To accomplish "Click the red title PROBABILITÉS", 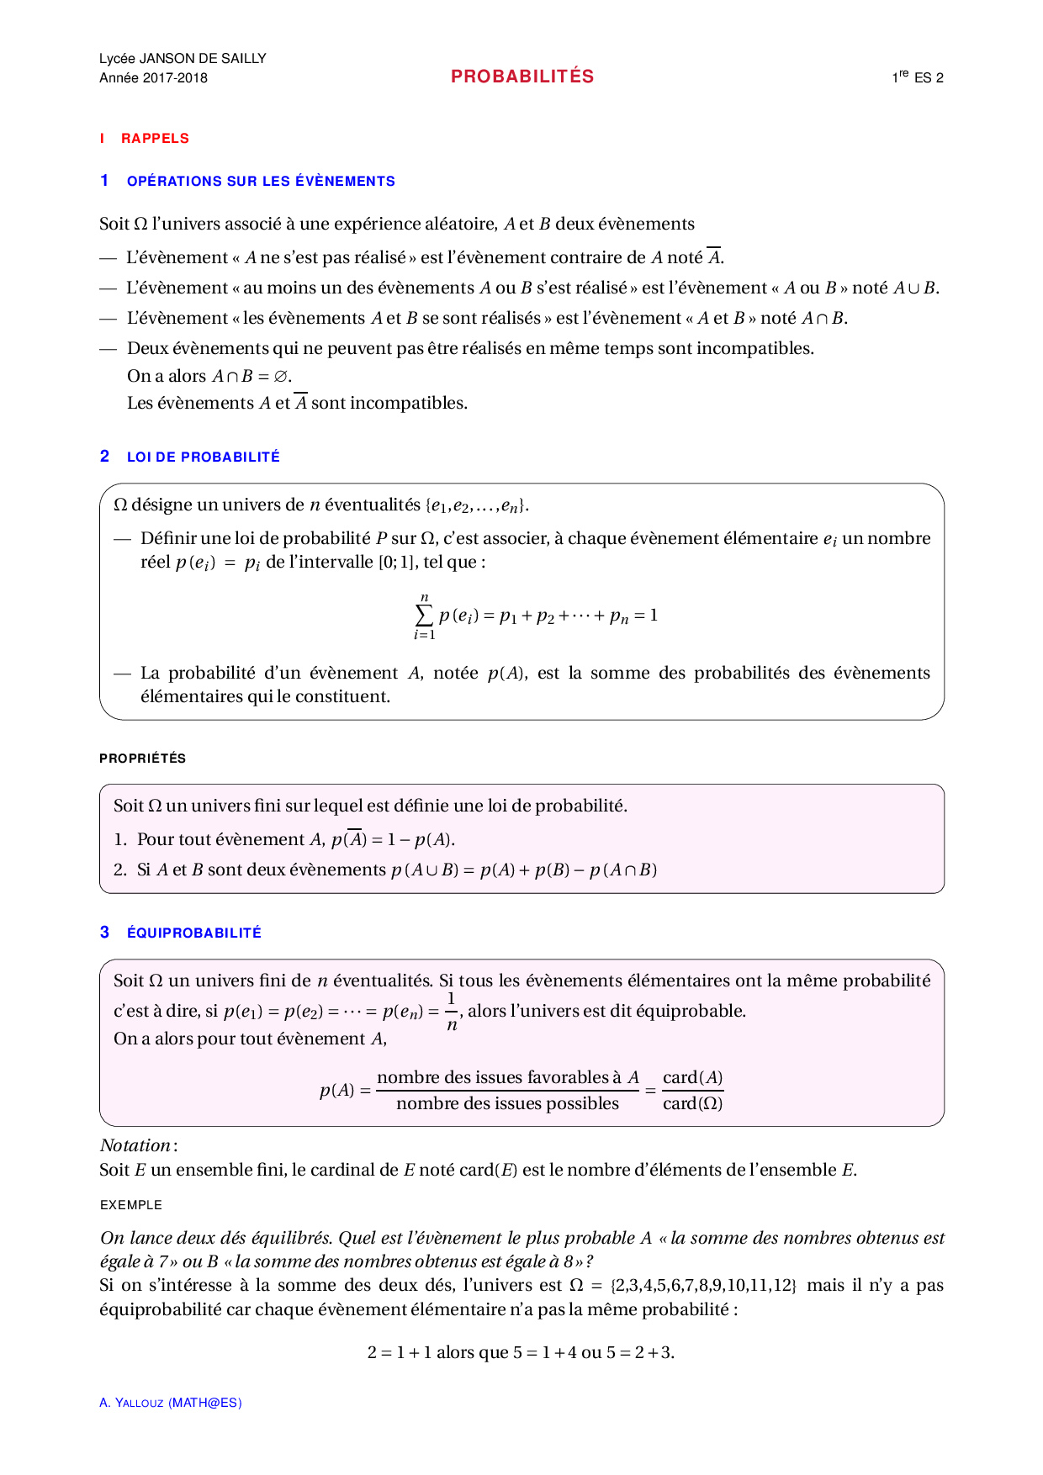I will coord(522,77).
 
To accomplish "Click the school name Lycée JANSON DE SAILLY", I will coord(183,59).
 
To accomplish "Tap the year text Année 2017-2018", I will coord(153,78).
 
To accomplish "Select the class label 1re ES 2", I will coord(918,77).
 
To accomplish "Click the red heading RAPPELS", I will coord(155,139).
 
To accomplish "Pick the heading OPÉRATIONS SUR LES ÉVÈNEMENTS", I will coord(261,182).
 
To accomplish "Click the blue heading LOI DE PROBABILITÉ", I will coord(203,457).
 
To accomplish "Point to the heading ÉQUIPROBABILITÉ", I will coord(194,933).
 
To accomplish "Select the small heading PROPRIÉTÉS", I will coord(143,759).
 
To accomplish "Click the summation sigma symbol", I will coord(424,616).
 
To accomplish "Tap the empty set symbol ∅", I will coord(281,377).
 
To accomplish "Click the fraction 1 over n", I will coord(452,1012).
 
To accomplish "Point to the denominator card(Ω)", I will coord(692,1104).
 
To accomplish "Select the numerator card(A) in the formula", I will coord(692,1078).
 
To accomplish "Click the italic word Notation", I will coord(135,1145).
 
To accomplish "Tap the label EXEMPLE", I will coord(131,1205).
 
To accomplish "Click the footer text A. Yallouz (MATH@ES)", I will coord(171,1403).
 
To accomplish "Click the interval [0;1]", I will coord(396,563).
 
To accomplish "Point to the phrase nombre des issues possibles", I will coord(507,1104).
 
